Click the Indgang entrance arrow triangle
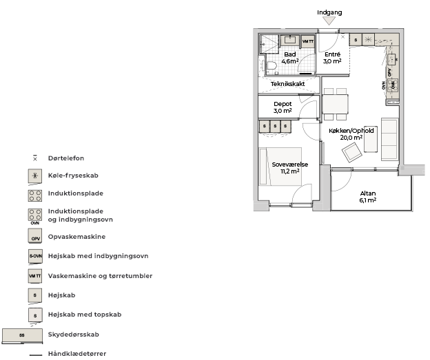pos(329,21)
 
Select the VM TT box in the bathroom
pos(308,41)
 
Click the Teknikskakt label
pos(287,84)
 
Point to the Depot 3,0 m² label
pos(283,107)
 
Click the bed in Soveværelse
pos(280,167)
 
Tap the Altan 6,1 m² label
pos(368,197)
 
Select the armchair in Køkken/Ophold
pos(352,153)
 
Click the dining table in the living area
pos(335,104)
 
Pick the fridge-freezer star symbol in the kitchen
pos(368,40)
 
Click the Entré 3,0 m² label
pos(332,58)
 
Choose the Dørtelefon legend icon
pos(35,158)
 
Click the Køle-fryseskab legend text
pos(73,176)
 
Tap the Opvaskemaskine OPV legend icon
pos(35,236)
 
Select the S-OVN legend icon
pos(35,257)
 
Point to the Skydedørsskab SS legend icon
pos(22,336)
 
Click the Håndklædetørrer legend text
pos(77,354)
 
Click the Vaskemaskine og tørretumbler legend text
pos(100,276)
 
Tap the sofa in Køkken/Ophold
pos(389,139)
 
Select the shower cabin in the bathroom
pos(269,44)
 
